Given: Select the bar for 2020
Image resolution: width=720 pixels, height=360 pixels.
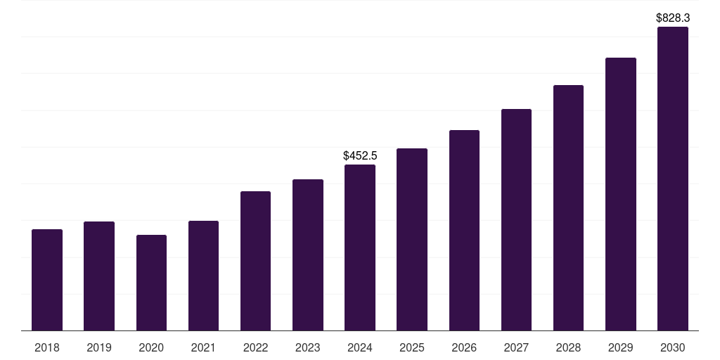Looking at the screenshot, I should (151, 283).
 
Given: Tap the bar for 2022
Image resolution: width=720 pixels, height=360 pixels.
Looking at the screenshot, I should (255, 261).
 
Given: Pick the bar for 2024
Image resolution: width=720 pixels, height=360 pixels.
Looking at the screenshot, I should (360, 247).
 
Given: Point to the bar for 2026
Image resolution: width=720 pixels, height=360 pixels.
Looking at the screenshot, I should (464, 231).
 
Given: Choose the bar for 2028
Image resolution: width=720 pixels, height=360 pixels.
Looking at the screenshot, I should (568, 208).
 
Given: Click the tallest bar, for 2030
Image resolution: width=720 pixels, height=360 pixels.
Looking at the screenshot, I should (672, 179).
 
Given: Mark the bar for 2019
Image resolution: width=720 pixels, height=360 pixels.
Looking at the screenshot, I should (99, 276).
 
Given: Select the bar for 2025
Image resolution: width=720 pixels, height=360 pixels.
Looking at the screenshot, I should (412, 240).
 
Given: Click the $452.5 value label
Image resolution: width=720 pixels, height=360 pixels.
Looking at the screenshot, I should (360, 155).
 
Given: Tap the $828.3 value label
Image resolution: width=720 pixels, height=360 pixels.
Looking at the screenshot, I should (672, 18).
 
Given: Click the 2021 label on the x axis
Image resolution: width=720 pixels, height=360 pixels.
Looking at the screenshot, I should (203, 347).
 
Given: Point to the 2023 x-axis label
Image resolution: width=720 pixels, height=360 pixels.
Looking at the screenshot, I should (307, 347).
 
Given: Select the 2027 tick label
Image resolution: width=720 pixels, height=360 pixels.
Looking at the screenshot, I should (516, 347).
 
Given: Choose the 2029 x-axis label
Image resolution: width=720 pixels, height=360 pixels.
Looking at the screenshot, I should (620, 347).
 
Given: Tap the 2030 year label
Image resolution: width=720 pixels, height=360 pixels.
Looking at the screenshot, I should (672, 347).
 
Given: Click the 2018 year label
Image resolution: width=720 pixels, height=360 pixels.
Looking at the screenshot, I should (47, 347).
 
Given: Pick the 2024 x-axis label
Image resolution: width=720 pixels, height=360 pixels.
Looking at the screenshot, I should (360, 347).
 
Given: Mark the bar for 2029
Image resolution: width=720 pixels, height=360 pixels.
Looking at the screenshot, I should (620, 194).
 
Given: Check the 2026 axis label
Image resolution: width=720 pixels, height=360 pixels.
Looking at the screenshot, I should (464, 347).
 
